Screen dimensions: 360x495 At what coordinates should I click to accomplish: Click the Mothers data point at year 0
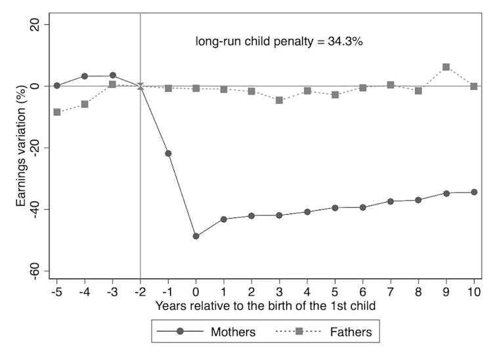(x=196, y=236)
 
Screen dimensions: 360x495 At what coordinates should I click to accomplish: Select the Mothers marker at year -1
(x=168, y=154)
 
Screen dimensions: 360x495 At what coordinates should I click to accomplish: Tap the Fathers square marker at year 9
(x=446, y=67)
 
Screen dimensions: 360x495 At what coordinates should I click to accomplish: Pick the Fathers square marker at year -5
(x=57, y=112)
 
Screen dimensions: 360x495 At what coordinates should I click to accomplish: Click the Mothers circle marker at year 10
(x=473, y=192)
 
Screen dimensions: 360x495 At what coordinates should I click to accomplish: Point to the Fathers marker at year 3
(x=279, y=101)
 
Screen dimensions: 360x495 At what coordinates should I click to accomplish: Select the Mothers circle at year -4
(x=85, y=76)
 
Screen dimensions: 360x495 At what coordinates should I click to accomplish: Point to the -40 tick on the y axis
(x=33, y=210)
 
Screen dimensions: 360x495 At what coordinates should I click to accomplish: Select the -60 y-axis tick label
(x=33, y=271)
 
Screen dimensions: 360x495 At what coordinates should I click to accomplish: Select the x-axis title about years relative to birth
(x=265, y=305)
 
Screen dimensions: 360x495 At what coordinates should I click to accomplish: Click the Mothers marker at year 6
(x=362, y=207)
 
